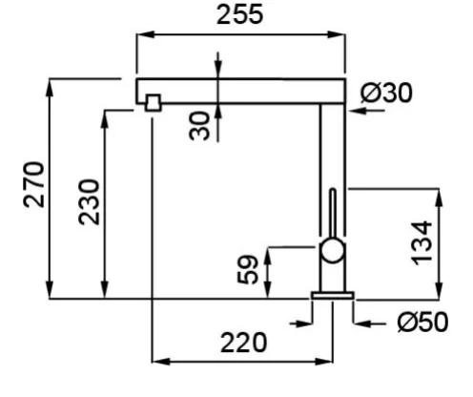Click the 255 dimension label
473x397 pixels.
(239, 14)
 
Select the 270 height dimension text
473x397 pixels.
(34, 185)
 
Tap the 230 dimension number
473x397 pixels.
(89, 202)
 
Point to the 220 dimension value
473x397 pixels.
(243, 343)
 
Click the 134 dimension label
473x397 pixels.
(422, 243)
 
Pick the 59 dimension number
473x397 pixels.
(248, 269)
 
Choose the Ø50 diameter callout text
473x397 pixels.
(422, 323)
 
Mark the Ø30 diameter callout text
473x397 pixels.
(386, 93)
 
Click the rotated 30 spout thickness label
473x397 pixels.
(199, 126)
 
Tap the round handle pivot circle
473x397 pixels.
(333, 251)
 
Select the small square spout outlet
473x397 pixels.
(153, 103)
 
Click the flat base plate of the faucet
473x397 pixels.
(333, 296)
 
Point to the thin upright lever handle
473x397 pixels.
(333, 214)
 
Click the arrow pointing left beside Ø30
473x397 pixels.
(367, 111)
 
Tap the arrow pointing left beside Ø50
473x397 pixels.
(370, 324)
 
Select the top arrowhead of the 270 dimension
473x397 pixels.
(50, 87)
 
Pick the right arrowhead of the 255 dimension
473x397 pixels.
(336, 34)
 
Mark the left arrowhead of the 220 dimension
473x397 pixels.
(161, 362)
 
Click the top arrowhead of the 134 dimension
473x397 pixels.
(440, 198)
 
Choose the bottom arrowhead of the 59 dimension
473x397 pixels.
(268, 290)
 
